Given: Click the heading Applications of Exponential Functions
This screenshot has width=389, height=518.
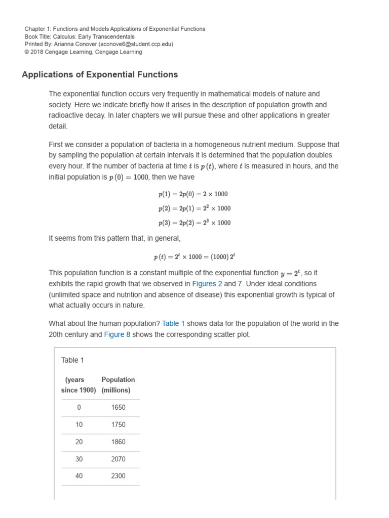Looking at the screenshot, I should click(100, 74).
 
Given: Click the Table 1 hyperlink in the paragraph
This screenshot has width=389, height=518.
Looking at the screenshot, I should click(173, 324).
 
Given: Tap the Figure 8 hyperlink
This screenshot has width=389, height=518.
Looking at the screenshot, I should click(117, 335).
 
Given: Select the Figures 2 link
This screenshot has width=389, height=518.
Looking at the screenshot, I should click(207, 284).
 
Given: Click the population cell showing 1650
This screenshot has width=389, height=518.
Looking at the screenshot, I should click(118, 408).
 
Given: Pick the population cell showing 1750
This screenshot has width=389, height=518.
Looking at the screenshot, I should click(118, 425).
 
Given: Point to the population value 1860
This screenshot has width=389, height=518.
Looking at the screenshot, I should click(118, 442).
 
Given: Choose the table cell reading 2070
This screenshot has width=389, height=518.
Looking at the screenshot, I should click(118, 459).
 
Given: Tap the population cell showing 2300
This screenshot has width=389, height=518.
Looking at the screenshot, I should click(118, 476).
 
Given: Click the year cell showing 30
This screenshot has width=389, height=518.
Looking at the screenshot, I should click(79, 459).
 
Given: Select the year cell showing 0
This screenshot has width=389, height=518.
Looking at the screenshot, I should click(79, 408).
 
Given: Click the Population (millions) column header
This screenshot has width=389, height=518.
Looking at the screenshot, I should click(118, 385).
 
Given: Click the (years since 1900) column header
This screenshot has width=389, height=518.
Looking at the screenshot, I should click(79, 385).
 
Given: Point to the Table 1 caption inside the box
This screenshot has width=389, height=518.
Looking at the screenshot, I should click(72, 360).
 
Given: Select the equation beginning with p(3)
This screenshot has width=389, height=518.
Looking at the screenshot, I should click(194, 223).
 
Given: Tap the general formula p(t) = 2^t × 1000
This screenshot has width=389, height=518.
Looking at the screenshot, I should click(194, 256).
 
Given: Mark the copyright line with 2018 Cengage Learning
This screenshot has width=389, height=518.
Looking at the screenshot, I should click(83, 52).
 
